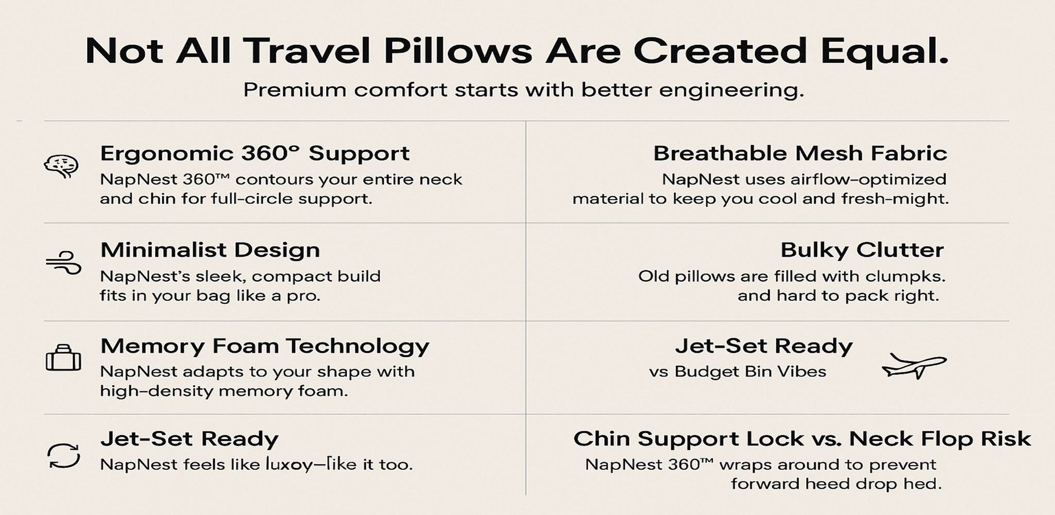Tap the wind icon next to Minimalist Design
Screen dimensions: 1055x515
click(63, 263)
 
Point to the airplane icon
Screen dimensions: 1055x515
click(914, 366)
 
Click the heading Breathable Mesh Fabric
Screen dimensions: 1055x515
click(800, 153)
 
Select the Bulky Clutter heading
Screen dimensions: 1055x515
click(862, 250)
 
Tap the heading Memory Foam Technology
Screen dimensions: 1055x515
click(265, 346)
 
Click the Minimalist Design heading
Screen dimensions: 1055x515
click(210, 250)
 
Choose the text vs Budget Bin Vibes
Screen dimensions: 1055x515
click(738, 371)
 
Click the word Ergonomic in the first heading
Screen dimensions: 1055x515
click(167, 154)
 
